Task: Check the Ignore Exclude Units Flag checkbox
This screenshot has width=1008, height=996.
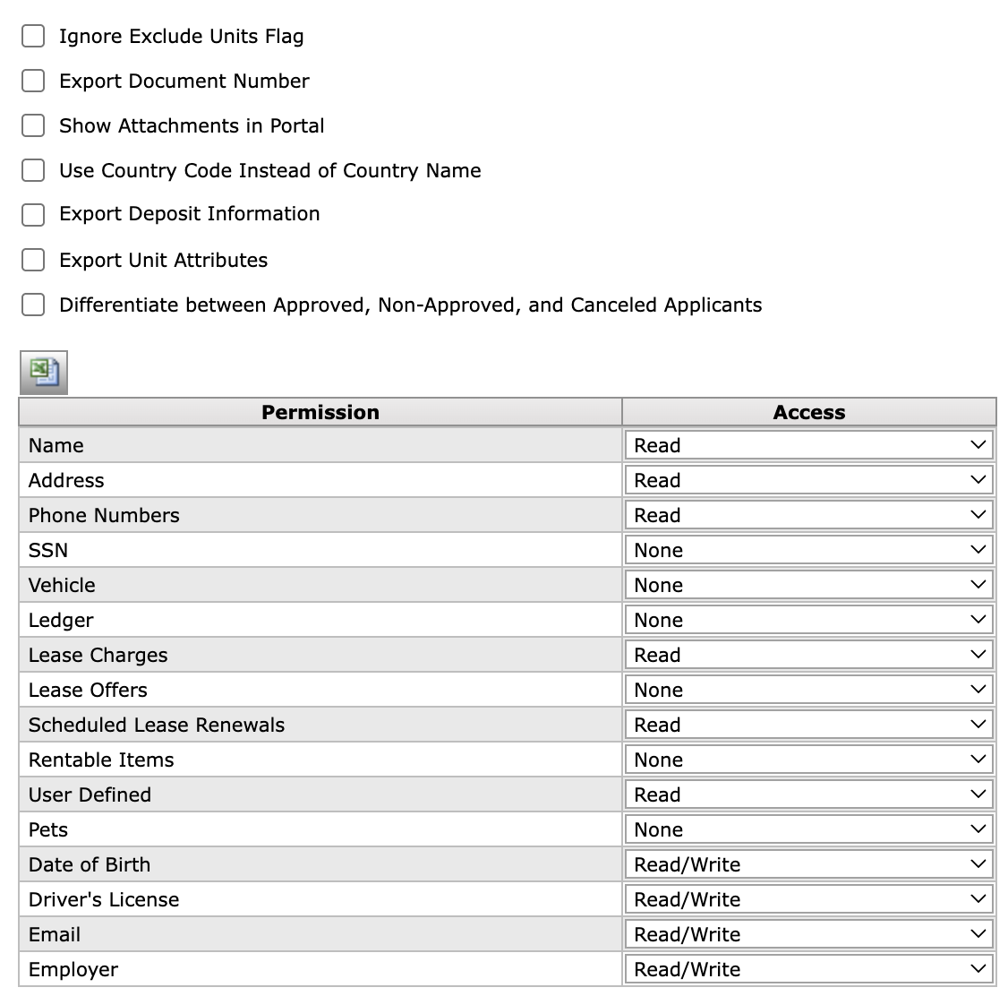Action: pyautogui.click(x=33, y=36)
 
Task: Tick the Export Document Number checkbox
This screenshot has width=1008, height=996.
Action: pyautogui.click(x=33, y=81)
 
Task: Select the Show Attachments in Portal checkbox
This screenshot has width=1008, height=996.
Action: pyautogui.click(x=33, y=125)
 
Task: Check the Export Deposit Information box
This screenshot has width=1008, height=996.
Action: pyautogui.click(x=33, y=214)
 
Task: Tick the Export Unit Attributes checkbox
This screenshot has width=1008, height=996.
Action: pyautogui.click(x=33, y=260)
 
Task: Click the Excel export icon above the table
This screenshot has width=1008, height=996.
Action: pyautogui.click(x=44, y=372)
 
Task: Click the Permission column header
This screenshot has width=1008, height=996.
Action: pyautogui.click(x=320, y=412)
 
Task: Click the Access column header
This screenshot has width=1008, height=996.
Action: pyautogui.click(x=808, y=412)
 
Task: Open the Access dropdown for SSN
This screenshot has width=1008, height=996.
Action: pyautogui.click(x=808, y=550)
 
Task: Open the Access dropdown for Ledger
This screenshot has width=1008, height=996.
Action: pyautogui.click(x=808, y=620)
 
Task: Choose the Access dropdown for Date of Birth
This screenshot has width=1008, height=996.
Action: pyautogui.click(x=808, y=864)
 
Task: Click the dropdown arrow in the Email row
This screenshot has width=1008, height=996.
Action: pyautogui.click(x=978, y=934)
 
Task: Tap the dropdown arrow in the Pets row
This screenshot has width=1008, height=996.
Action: pyautogui.click(x=978, y=829)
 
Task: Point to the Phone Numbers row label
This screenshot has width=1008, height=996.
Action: pyautogui.click(x=104, y=515)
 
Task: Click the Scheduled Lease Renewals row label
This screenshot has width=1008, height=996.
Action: pyautogui.click(x=157, y=725)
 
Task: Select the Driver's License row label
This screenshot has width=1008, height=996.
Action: pyautogui.click(x=104, y=899)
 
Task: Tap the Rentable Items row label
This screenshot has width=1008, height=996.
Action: pyautogui.click(x=101, y=760)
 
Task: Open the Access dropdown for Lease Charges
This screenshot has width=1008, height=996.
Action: pyautogui.click(x=808, y=655)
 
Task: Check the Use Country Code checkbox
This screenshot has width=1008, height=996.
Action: pyautogui.click(x=33, y=170)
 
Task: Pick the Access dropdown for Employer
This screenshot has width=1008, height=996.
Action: pyautogui.click(x=808, y=969)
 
